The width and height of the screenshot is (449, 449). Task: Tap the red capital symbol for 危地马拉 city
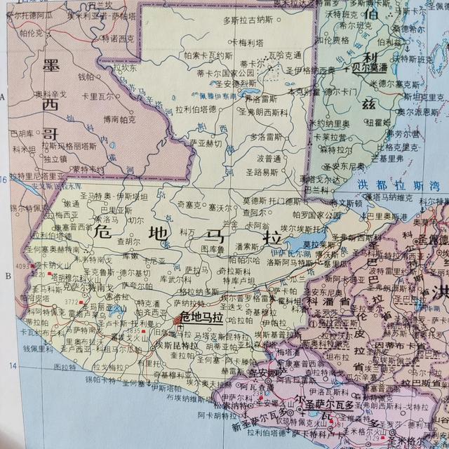(176, 320)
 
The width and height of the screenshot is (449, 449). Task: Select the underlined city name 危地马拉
(201, 319)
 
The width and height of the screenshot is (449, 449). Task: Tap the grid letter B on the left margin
(8, 276)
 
